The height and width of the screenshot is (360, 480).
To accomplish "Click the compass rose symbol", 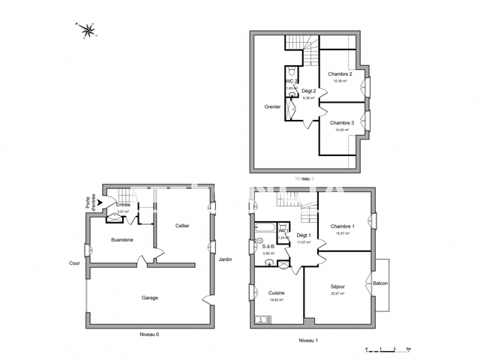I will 88,30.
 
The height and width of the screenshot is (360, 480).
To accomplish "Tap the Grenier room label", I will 272,106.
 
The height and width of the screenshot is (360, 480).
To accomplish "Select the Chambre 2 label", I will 340,74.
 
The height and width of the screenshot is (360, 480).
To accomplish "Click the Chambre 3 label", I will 341,122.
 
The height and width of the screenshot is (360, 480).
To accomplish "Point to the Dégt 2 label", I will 308,91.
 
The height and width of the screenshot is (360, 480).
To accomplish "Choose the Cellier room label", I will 182,225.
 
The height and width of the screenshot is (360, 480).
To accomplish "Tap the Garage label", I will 150,298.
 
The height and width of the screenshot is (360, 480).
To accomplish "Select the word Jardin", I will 225,259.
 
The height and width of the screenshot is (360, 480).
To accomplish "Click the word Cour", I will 74,263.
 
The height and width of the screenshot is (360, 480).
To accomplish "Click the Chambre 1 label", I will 342,226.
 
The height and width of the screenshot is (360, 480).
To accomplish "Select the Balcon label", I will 380,283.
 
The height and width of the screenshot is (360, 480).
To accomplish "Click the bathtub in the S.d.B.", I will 265,226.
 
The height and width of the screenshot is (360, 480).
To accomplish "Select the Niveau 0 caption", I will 150,334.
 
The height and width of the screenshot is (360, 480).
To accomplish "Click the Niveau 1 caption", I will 308,340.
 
